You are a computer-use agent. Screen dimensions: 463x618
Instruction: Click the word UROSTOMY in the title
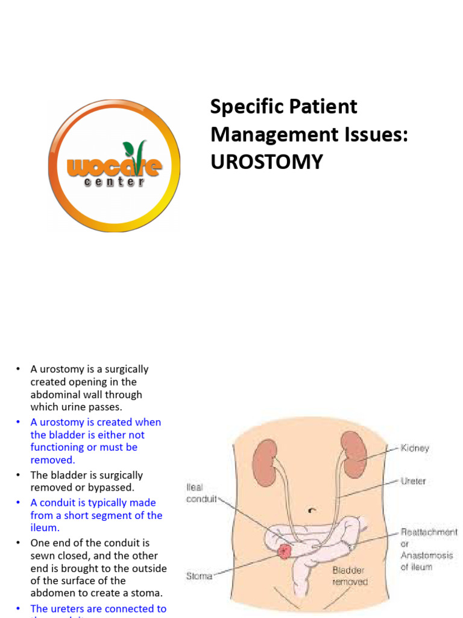pyautogui.click(x=266, y=162)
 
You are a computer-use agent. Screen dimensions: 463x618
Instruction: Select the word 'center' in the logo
pyautogui.click(x=115, y=182)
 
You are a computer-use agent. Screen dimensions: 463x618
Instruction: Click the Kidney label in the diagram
pyautogui.click(x=415, y=448)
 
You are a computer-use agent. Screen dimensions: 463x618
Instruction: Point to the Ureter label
pyautogui.click(x=413, y=482)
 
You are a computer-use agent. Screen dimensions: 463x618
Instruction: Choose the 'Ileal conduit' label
pyautogui.click(x=201, y=494)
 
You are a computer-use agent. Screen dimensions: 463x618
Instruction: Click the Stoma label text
pyautogui.click(x=199, y=576)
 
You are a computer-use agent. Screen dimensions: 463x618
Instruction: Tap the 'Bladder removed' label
pyautogui.click(x=350, y=576)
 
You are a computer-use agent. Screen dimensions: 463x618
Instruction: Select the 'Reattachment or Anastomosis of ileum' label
pyautogui.click(x=429, y=550)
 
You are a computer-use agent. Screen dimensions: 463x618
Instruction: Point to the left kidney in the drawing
pyautogui.click(x=264, y=462)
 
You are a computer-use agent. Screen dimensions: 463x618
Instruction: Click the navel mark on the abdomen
pyautogui.click(x=311, y=510)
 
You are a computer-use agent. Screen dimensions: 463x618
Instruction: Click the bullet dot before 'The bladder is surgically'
pyautogui.click(x=19, y=476)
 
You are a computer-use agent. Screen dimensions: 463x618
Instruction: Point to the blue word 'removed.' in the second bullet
pyautogui.click(x=53, y=460)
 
